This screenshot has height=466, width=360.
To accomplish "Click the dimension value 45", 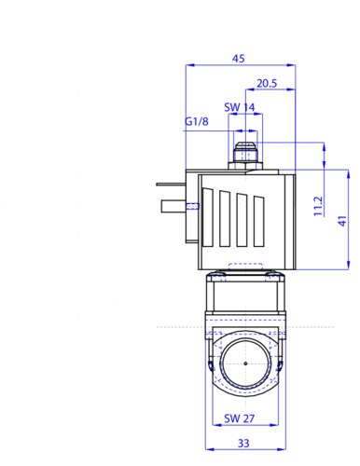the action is coord(239,58).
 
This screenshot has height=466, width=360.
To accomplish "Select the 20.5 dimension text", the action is coord(267,83).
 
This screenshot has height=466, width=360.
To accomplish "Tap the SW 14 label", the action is coord(240,107).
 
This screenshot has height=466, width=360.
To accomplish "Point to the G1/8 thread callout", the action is coord(197,121).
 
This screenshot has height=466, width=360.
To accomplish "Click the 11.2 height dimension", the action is coord(318,206).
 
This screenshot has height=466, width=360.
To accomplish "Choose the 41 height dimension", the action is coord(342,221).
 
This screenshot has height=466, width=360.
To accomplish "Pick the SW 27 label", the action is coord(240,418).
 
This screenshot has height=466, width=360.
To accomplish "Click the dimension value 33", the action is coord(243,443).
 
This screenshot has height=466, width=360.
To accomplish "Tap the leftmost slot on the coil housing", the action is coord(208,217).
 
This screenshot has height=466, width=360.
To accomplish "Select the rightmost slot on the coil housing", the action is coord(259,221).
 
